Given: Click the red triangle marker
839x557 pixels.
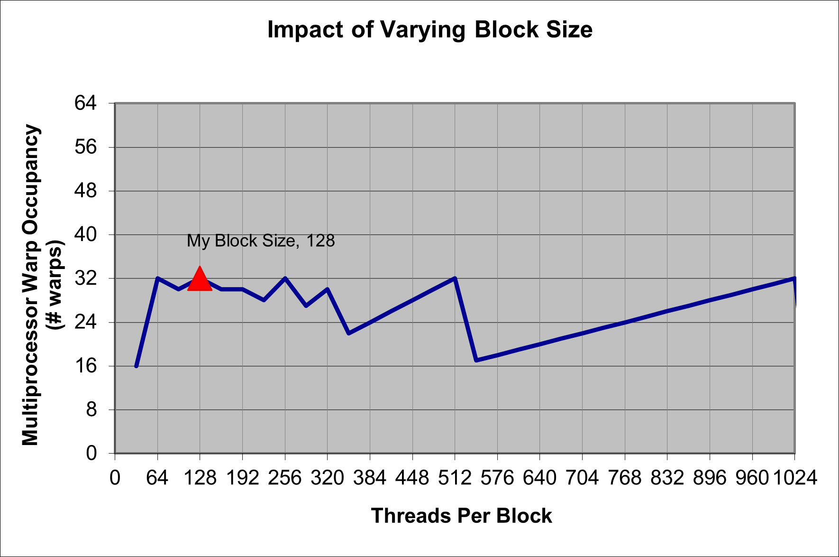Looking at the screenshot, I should click(x=200, y=279).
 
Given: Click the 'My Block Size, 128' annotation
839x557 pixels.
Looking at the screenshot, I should click(x=261, y=241).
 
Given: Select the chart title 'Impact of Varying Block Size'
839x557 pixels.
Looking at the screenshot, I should click(x=429, y=29).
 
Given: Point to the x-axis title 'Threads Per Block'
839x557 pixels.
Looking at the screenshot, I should click(x=461, y=516).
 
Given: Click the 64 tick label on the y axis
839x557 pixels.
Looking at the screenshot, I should click(x=85, y=103).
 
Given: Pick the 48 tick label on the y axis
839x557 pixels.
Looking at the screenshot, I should click(x=85, y=191).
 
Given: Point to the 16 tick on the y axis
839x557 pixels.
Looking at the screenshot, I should click(x=85, y=366).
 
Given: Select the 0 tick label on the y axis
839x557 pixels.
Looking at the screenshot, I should click(x=91, y=454).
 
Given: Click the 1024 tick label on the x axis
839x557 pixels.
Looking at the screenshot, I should click(x=795, y=478).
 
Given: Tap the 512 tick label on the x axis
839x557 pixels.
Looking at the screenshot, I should click(x=455, y=478).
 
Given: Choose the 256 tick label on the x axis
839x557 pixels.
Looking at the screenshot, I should click(x=285, y=478).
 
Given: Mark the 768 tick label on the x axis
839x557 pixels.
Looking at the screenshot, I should click(x=625, y=478).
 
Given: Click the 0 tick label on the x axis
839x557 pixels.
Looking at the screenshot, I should click(x=115, y=478).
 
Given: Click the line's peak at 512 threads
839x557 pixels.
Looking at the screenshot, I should click(x=455, y=278).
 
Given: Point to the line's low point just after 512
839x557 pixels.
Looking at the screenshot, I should click(x=476, y=360).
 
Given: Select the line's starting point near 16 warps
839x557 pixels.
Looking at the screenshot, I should click(x=137, y=366).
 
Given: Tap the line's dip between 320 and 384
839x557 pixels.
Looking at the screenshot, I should click(x=349, y=333).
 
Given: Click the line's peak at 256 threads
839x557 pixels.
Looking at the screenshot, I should click(x=285, y=278).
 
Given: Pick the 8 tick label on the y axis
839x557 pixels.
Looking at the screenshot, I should click(x=91, y=409).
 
